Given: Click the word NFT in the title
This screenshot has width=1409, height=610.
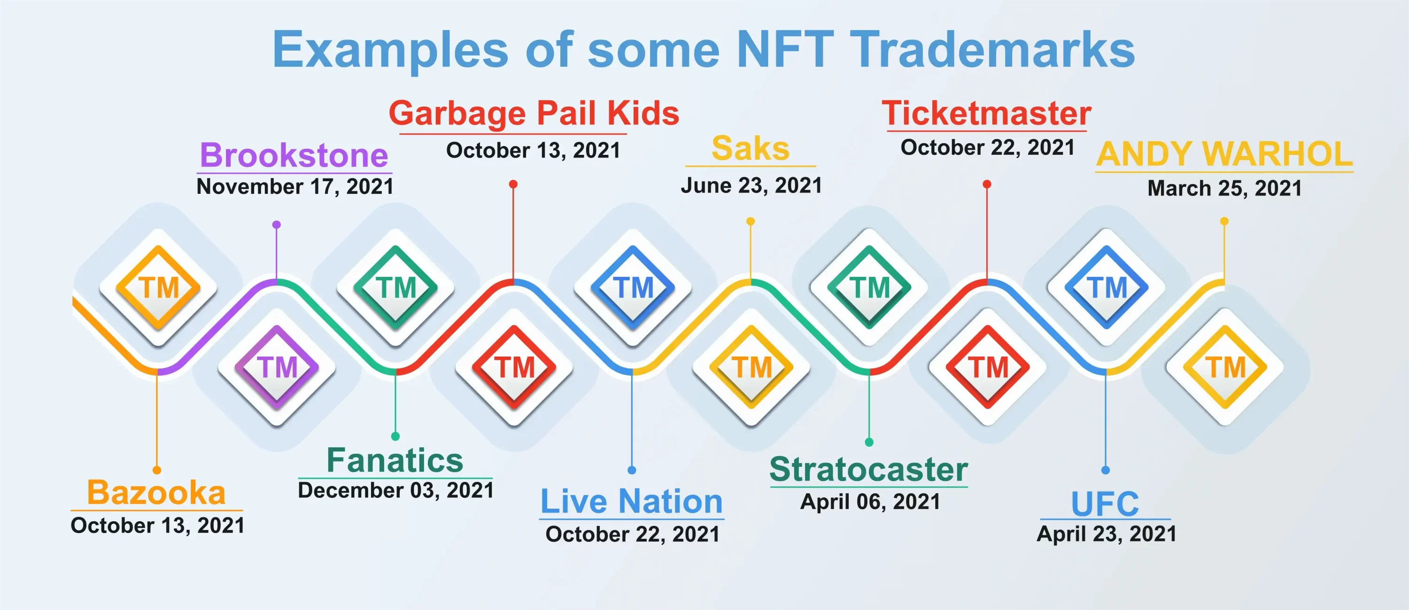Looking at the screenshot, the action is tap(785, 49).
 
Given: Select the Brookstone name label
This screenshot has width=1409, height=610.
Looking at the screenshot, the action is tap(294, 155).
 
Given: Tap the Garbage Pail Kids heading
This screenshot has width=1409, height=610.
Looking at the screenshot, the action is tap(534, 114).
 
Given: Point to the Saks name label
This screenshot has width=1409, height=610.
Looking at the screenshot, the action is tap(751, 148).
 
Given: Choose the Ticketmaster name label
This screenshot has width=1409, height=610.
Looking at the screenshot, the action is tap(987, 113).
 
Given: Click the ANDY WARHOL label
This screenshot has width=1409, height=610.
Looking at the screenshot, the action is tap(1225, 154).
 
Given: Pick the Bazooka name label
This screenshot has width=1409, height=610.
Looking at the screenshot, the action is tap(156, 493).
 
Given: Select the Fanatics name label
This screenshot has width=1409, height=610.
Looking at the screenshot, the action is tap(395, 460).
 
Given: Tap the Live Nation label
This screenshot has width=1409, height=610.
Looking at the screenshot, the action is tap(632, 501).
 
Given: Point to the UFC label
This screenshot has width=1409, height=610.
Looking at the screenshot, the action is tap(1105, 503).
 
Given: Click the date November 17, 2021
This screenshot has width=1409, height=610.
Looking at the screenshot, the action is tap(295, 187).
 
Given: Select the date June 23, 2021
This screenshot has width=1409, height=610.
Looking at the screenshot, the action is tap(751, 186).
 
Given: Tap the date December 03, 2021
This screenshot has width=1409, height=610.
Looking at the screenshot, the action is tap(396, 490).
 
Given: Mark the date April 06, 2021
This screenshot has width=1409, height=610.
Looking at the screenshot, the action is tap(870, 502).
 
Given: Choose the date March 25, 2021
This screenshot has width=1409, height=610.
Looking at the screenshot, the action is tap(1225, 189).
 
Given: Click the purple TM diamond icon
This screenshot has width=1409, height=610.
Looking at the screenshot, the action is tap(277, 367).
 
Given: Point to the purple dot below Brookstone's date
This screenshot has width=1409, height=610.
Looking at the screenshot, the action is tap(277, 225).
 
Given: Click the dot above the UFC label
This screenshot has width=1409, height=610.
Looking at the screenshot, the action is tap(1106, 470).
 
